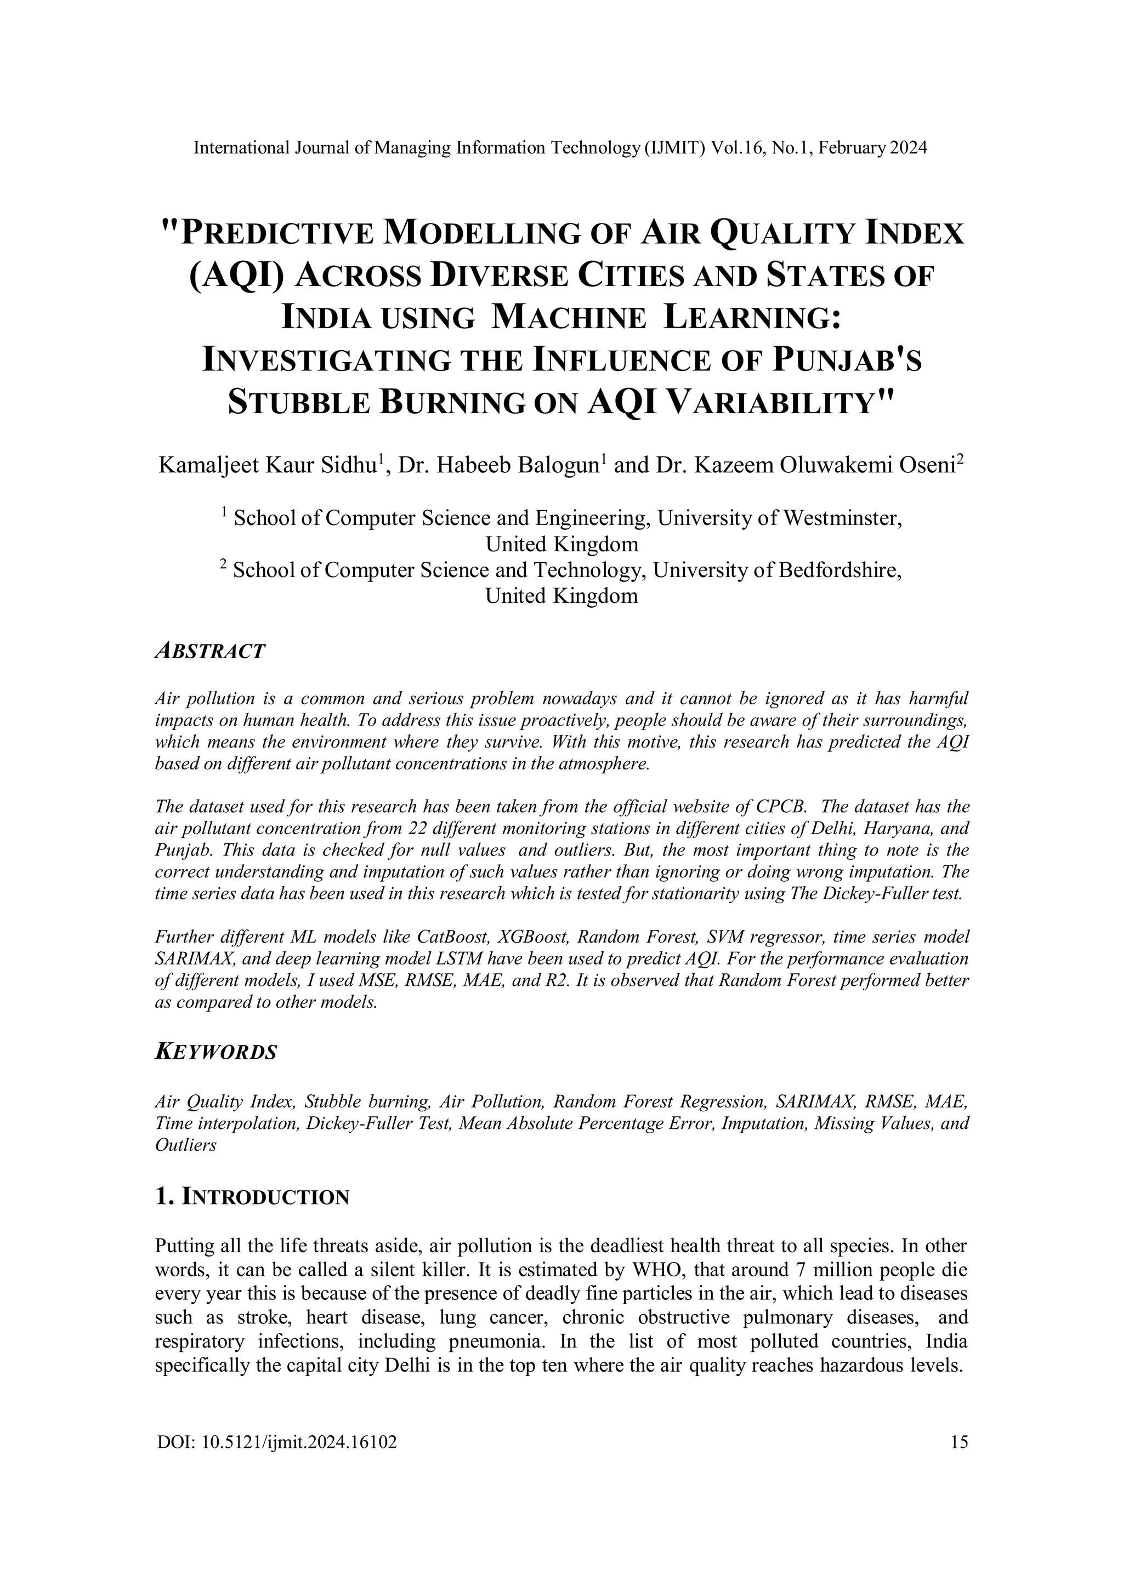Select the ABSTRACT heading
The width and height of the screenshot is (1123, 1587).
210,651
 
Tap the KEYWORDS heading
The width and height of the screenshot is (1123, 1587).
215,1052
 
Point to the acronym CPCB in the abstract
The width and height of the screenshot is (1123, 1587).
781,807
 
